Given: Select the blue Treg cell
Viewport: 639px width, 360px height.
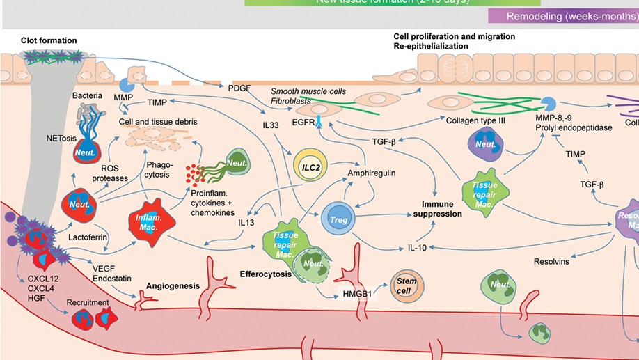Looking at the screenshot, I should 339,220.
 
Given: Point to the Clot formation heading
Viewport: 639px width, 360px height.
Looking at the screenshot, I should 49,41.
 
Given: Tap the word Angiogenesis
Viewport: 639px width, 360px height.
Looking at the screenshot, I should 173,285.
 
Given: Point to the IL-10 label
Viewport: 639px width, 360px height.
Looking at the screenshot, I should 417,248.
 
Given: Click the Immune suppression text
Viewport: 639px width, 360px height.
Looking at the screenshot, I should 436,209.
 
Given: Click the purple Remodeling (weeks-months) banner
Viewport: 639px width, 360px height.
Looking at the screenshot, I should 564,16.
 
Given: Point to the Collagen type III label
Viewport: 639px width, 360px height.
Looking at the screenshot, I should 474,119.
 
